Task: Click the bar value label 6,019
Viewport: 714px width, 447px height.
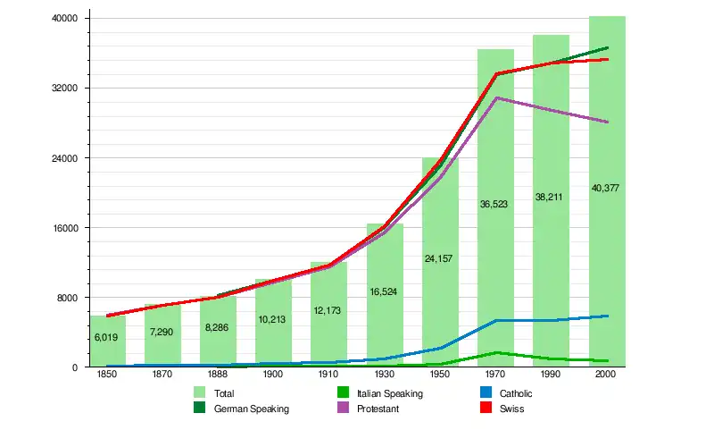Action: [x=106, y=337]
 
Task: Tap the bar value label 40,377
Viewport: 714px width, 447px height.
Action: [x=606, y=188]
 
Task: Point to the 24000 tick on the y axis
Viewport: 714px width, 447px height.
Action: [x=67, y=158]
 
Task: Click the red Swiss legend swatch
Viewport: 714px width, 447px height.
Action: [x=486, y=409]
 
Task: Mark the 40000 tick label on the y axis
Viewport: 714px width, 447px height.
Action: [x=67, y=19]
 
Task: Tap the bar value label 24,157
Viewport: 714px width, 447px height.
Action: [x=439, y=258]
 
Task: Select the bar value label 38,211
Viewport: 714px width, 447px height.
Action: [x=551, y=197]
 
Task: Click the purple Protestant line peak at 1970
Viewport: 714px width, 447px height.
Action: [x=496, y=97]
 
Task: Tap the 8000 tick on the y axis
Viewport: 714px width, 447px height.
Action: [x=70, y=298]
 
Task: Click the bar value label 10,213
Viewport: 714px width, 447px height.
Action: [x=272, y=319]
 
